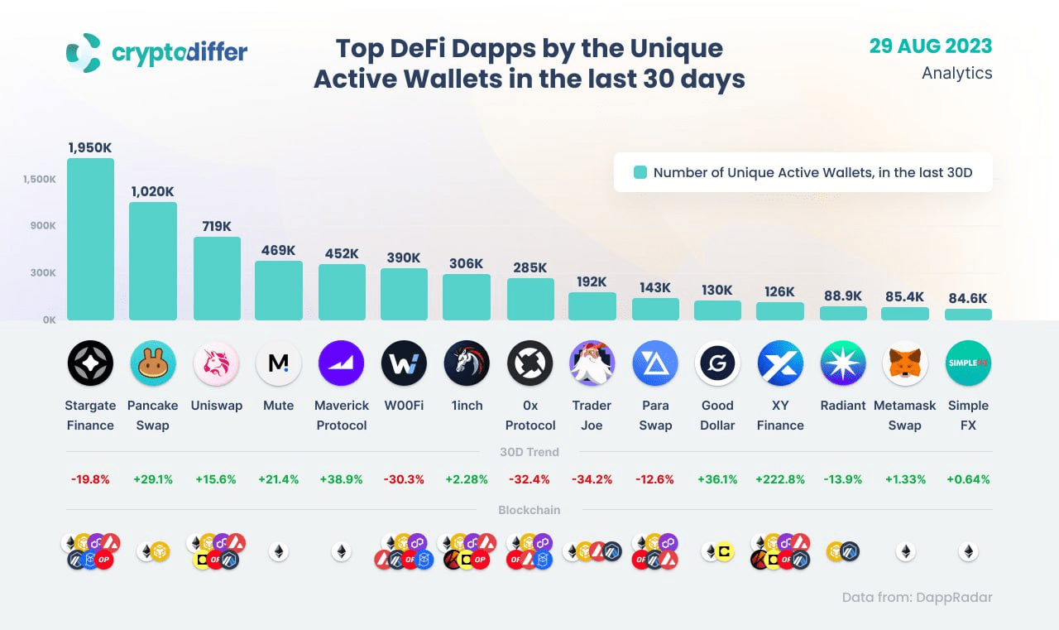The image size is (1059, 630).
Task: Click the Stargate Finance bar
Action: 90,239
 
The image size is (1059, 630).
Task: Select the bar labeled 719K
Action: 217,278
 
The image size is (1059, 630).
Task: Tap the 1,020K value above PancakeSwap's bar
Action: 152,191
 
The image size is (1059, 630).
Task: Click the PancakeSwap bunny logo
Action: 153,363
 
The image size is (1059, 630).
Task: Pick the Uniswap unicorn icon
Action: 216,363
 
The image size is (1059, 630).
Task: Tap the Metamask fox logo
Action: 905,363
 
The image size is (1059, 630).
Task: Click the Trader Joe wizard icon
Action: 592,363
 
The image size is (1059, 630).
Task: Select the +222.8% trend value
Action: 779,479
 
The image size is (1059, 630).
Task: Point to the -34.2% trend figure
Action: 592,479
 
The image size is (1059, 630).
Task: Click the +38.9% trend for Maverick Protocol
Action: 342,479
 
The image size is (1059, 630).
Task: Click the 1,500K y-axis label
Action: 39,179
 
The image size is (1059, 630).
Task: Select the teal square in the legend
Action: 640,173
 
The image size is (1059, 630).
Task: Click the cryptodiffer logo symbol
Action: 84,52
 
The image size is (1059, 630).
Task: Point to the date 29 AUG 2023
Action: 930,46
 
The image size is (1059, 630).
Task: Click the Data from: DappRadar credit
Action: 917,597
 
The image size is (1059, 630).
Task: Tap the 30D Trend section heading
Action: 529,452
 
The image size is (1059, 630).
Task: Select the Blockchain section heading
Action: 529,510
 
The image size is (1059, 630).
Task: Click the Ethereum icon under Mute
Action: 279,551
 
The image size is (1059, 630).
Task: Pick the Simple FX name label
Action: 968,415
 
